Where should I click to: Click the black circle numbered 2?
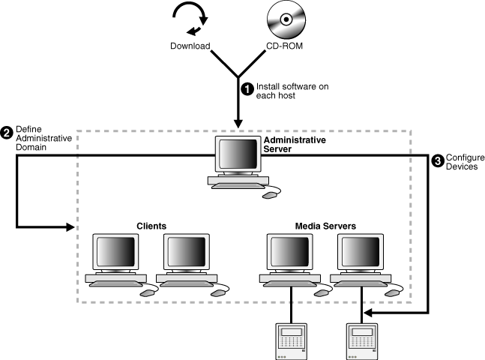pos(7,133)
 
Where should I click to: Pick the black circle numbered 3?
pos(439,159)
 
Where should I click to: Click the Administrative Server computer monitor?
pos(237,155)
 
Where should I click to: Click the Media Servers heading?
pos(323,225)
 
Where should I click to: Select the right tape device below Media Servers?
pos(363,340)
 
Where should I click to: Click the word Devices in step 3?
pos(462,169)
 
